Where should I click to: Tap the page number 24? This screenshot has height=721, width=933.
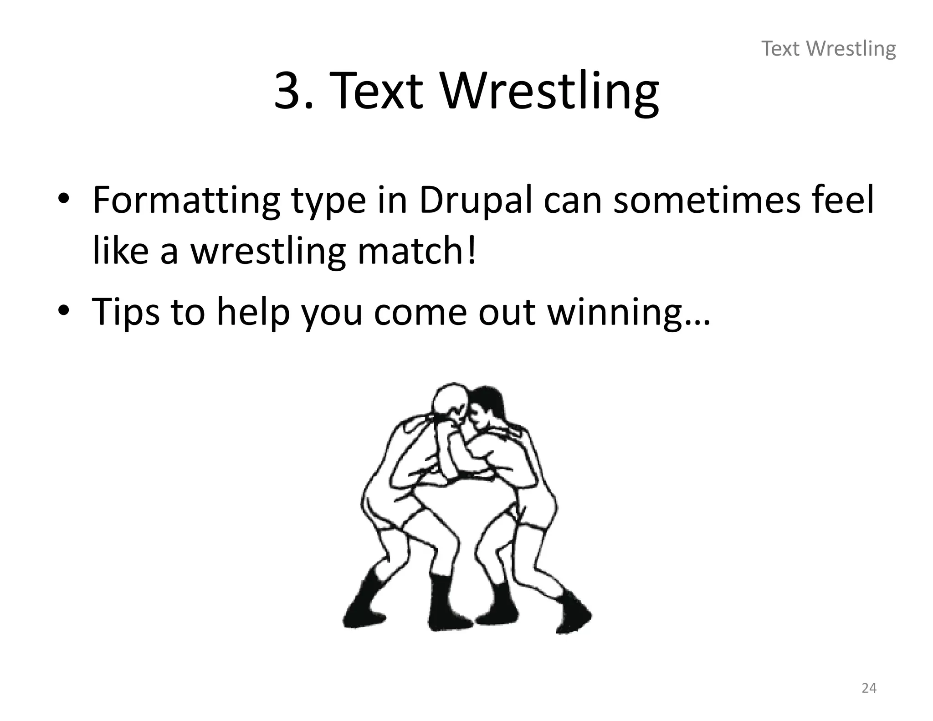[869, 688]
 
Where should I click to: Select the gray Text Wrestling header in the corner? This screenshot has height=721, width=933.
[829, 49]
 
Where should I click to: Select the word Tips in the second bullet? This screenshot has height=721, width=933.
[126, 312]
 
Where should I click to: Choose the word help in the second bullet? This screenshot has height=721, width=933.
[253, 312]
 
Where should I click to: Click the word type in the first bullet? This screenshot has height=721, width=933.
[328, 201]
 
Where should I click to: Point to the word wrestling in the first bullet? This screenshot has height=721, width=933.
[268, 252]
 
